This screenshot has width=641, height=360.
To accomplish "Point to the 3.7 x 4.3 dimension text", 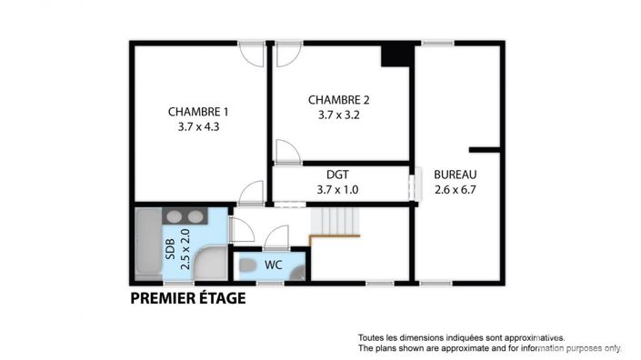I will tap(199, 127).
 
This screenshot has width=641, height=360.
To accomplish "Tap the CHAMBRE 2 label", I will tap(338, 100).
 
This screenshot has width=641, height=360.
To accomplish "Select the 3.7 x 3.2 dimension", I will tap(338, 115).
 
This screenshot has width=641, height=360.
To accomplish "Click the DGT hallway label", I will tap(338, 175).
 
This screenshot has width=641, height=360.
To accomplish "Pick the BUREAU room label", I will tap(455, 175).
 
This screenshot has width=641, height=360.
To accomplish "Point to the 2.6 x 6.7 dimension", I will tap(455, 190).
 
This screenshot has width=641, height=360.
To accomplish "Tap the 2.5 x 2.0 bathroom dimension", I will tap(185, 246).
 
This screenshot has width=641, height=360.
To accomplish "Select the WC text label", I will tap(274, 265).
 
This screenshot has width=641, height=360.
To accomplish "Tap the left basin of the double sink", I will tap(172, 216).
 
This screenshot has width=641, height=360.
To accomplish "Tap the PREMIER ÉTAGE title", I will tap(187, 297).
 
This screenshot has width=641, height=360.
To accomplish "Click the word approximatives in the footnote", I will tap(533, 335).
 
